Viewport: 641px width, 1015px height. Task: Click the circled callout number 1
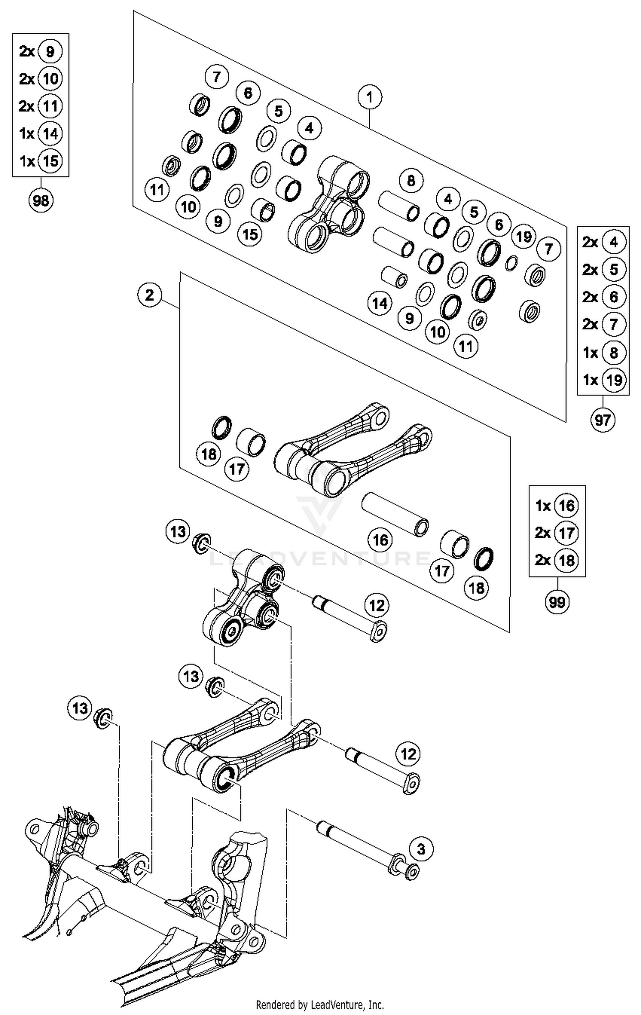370,97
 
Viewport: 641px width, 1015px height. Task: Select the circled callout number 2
150,295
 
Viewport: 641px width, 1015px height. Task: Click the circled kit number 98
41,200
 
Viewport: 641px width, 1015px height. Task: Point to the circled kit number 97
603,420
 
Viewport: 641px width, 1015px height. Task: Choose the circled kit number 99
557,602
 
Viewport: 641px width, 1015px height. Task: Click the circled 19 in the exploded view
524,236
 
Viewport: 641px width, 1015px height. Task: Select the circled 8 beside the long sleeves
411,180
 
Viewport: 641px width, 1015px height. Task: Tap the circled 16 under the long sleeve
380,540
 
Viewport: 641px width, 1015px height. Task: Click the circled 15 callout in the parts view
250,234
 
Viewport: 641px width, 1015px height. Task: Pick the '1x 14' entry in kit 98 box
41,134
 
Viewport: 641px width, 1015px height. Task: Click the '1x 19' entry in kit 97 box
603,380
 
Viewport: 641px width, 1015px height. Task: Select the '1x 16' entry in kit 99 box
557,506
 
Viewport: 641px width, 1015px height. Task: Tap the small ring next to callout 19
512,263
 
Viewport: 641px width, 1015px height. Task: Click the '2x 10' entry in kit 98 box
41,79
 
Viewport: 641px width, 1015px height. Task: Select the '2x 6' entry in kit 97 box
603,297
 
